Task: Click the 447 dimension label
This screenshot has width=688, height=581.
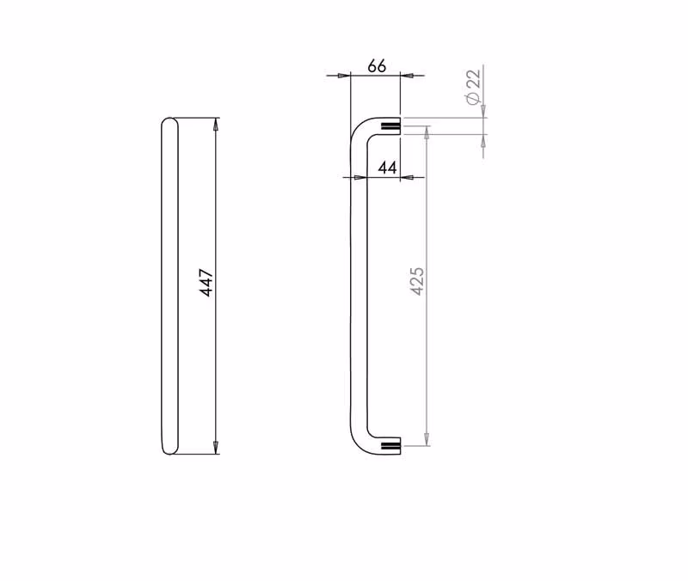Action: click(x=206, y=284)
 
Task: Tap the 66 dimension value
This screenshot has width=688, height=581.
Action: click(x=377, y=66)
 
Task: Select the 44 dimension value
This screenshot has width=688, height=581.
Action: click(x=388, y=168)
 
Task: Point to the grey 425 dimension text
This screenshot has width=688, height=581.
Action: click(x=417, y=281)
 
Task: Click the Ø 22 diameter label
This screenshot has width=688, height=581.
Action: click(x=474, y=87)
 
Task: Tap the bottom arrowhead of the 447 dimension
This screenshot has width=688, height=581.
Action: click(x=216, y=447)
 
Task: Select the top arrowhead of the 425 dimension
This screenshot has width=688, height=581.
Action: click(x=427, y=132)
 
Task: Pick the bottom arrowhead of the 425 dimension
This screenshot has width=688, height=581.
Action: click(x=427, y=439)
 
